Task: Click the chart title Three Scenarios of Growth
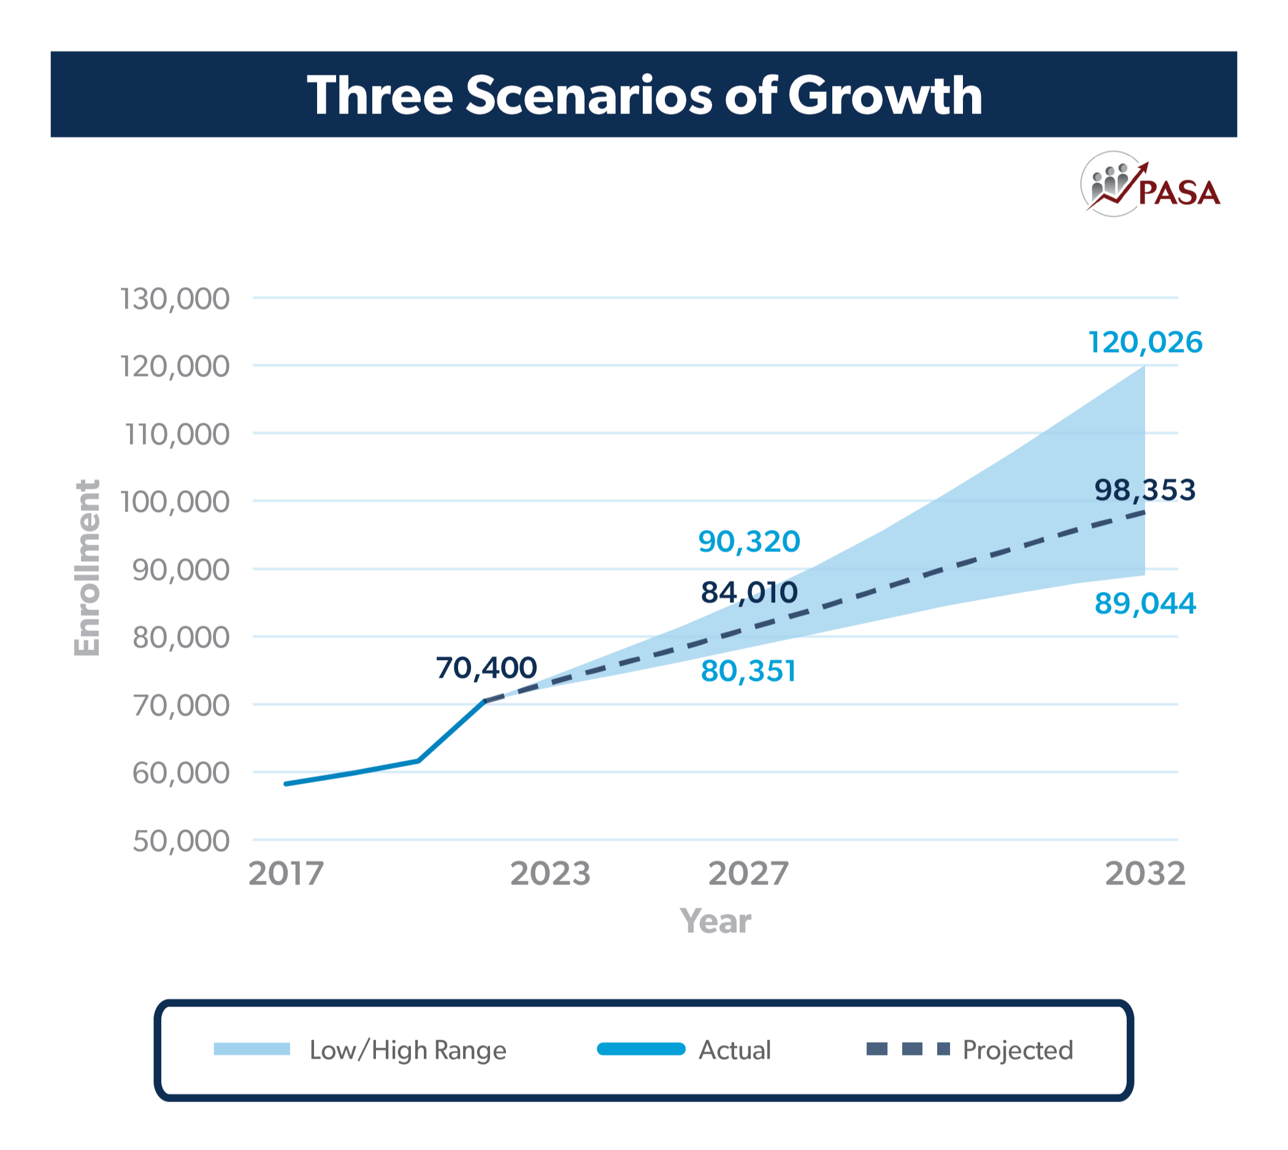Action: tap(644, 95)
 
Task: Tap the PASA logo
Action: tap(1150, 185)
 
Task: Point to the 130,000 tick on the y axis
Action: tap(175, 299)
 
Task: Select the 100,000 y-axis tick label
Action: tap(175, 502)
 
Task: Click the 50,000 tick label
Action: tap(181, 841)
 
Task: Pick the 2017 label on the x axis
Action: tap(286, 875)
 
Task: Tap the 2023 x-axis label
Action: tap(550, 875)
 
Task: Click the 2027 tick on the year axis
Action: tap(748, 875)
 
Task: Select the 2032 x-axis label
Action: tap(1144, 875)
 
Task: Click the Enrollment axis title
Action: tap(87, 568)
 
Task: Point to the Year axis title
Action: tap(715, 921)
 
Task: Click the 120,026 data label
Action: tap(1144, 342)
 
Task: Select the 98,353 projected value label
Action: tap(1144, 490)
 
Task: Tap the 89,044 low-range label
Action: tap(1144, 604)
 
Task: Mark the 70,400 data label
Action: tap(486, 668)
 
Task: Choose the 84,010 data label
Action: tap(749, 592)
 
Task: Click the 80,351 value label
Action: tap(748, 671)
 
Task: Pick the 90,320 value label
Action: tap(749, 542)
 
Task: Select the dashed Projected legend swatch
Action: tap(908, 1049)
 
